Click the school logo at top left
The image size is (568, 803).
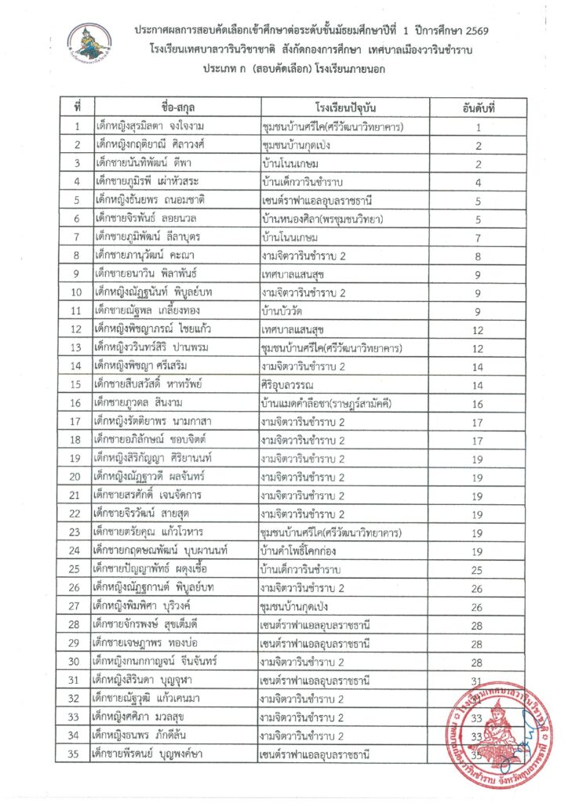[x=89, y=43]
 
